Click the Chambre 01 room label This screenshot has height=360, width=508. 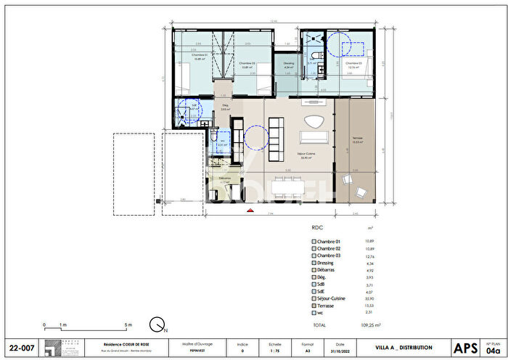coord(199,56)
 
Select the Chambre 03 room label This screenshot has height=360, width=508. coord(353,64)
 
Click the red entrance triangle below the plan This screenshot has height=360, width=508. coord(250,210)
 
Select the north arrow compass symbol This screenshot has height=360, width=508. coord(155,324)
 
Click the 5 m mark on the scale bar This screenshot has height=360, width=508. coord(128,324)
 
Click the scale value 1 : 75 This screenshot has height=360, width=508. coord(275,352)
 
